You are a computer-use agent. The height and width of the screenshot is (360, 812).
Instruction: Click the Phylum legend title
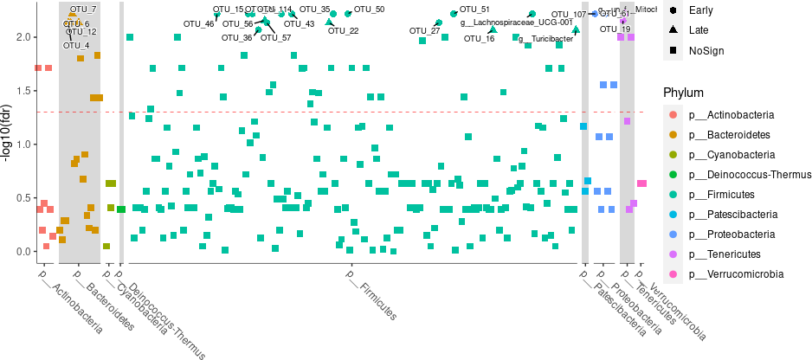(683, 93)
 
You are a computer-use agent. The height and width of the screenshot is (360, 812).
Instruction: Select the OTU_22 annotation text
(344, 31)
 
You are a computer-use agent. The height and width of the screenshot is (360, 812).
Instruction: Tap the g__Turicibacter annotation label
(545, 39)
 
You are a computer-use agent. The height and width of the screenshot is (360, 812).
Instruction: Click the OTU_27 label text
(424, 31)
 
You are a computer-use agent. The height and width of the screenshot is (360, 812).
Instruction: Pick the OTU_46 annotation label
(198, 24)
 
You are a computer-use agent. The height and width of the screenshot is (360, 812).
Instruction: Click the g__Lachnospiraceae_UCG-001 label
(517, 22)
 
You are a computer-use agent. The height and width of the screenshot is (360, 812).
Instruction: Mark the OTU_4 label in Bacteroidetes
(77, 45)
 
